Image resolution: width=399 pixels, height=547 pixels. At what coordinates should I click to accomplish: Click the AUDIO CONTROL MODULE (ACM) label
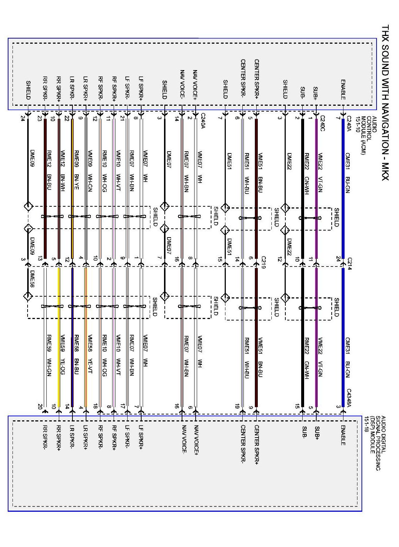368,135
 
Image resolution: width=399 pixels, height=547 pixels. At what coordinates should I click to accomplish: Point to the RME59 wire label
49,344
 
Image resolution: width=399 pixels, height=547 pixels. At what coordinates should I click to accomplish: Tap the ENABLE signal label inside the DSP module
343,435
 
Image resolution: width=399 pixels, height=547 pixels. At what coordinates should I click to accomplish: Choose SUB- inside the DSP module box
304,433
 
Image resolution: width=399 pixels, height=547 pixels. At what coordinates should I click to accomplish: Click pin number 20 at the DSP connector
40,406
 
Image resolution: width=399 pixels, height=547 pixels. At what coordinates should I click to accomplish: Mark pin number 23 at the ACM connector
40,119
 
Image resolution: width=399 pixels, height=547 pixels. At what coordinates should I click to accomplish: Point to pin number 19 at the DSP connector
237,406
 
